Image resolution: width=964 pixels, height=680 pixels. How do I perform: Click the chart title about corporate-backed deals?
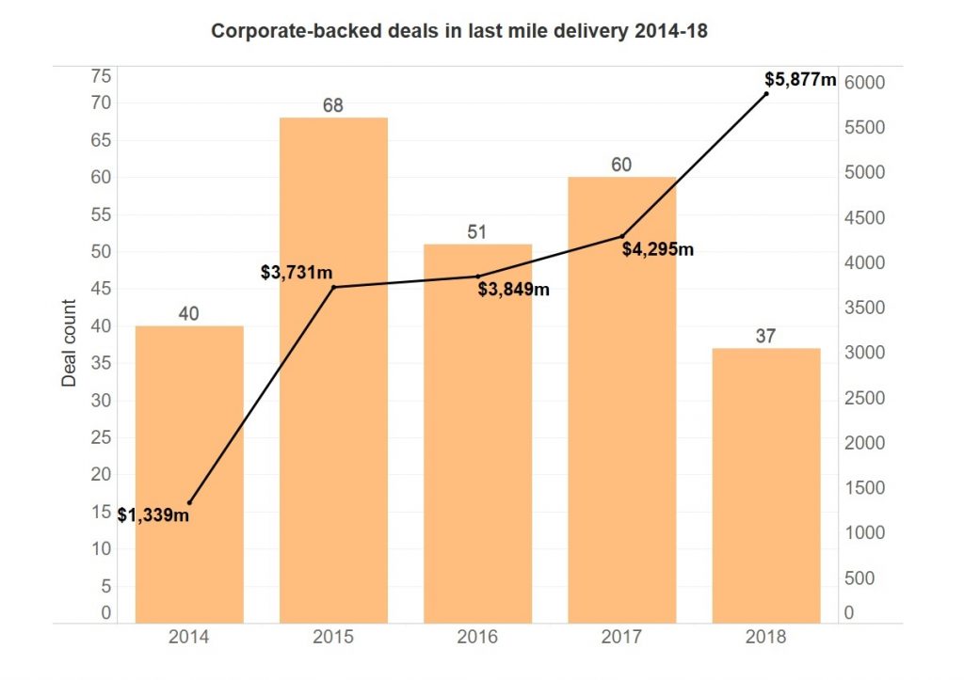coord(458,31)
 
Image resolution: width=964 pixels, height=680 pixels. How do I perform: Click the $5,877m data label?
coord(800,80)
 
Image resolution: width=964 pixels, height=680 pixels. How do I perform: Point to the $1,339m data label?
coord(153,514)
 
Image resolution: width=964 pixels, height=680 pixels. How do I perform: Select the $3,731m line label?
coord(297,273)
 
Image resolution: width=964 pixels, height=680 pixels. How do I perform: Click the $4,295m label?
coord(657,249)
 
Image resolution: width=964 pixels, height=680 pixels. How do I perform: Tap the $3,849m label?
coord(513,289)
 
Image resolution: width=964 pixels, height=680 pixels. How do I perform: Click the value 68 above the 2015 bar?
coord(333,106)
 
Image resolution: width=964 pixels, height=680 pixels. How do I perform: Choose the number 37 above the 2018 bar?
coord(765,336)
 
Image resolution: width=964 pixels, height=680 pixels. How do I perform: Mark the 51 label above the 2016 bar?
coord(477,232)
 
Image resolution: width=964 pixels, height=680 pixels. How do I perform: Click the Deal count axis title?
coord(69,343)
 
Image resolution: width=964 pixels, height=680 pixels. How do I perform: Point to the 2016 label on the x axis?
coord(477,637)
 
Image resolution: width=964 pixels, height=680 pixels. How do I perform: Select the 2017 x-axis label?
coord(621,637)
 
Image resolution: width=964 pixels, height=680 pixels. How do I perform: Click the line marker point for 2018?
coord(766,93)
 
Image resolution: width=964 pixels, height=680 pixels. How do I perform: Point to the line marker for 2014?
coord(190,503)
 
